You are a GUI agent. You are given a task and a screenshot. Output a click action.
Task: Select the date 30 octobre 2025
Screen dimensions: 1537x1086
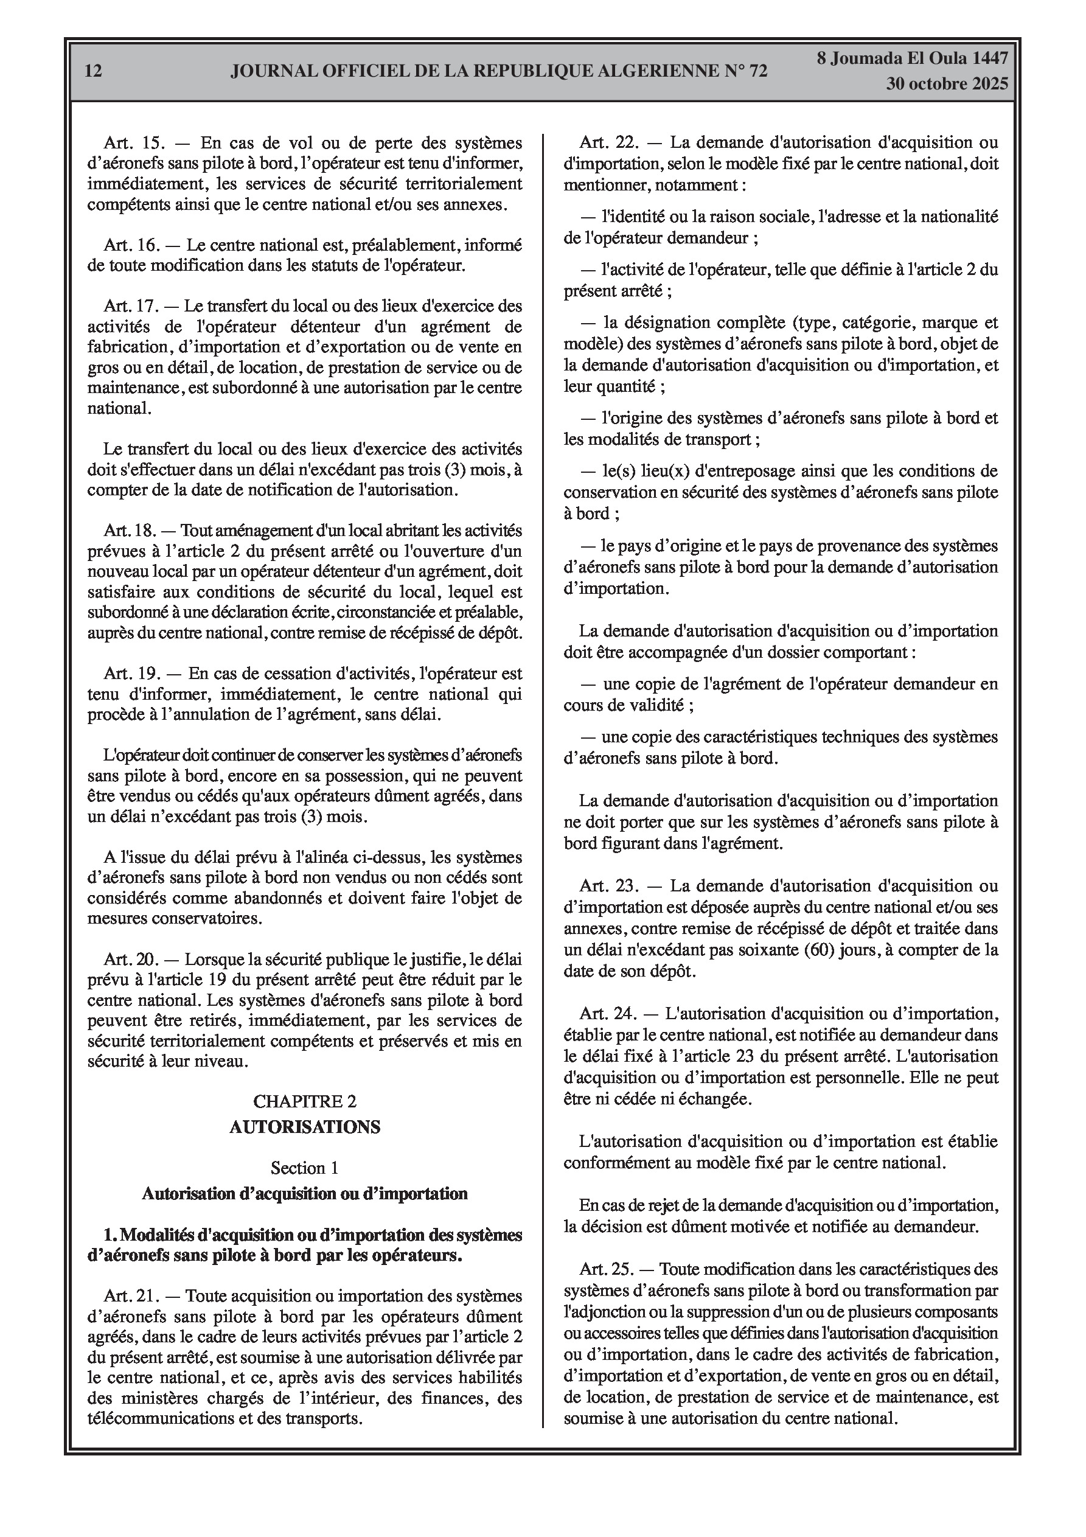click(947, 85)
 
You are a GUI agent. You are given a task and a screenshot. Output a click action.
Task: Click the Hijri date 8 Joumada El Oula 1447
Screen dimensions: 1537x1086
click(912, 58)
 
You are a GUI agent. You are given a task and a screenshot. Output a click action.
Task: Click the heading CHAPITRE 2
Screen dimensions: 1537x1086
click(305, 1101)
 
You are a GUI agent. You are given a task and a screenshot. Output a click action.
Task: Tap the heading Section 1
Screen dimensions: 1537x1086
click(305, 1168)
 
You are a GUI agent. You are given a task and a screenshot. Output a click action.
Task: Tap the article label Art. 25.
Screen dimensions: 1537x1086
click(605, 1269)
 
